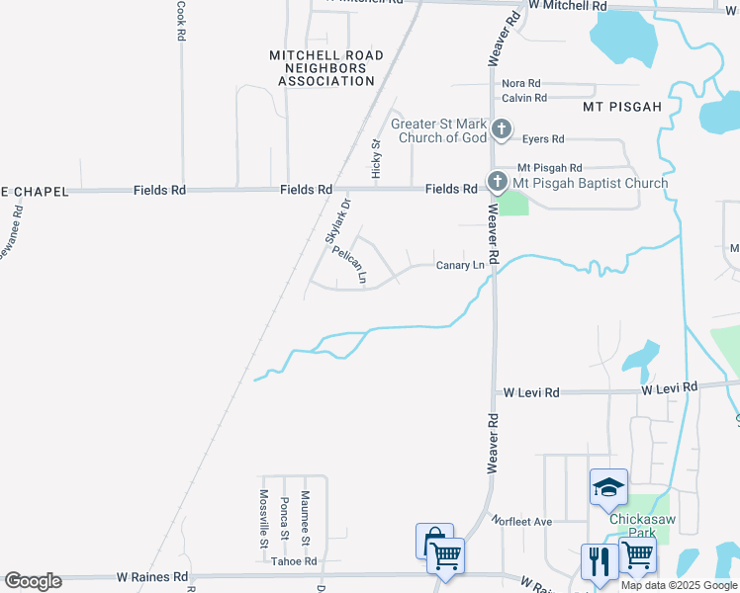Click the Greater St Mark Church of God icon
502,128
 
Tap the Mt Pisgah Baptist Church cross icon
496,182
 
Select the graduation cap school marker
608,486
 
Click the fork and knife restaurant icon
599,561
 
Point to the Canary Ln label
460,265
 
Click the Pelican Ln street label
349,265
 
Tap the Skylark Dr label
337,221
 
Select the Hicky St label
376,158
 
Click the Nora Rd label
521,84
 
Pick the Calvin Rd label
524,98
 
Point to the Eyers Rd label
543,139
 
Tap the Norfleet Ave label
525,521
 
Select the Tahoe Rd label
294,561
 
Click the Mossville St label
264,518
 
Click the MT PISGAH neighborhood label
621,106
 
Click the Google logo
33,581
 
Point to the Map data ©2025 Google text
680,585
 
